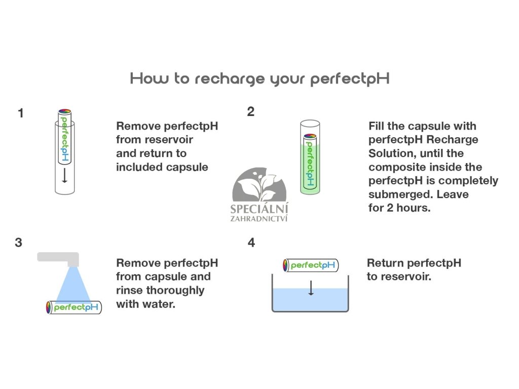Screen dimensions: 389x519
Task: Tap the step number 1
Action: (x=21, y=113)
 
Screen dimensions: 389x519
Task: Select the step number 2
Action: (x=250, y=112)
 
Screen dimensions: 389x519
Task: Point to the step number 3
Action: (x=19, y=243)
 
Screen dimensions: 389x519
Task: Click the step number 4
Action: (x=251, y=243)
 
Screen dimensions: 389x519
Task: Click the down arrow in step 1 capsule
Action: (x=64, y=176)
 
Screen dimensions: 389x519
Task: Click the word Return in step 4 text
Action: (x=385, y=263)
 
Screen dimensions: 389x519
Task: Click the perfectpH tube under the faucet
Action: (x=74, y=307)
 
